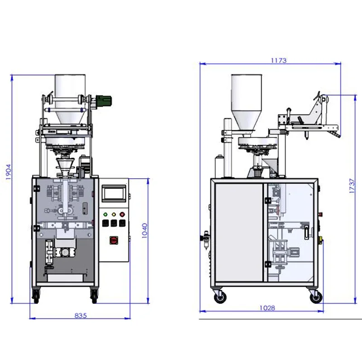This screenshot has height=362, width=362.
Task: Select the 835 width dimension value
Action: coord(80,315)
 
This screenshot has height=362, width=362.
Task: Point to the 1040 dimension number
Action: coord(144,230)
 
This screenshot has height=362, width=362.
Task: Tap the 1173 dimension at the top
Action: coord(279,60)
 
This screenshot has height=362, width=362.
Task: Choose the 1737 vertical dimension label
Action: coord(351,186)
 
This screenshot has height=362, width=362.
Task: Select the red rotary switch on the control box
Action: coord(113,240)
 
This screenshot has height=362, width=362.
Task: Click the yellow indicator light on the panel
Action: coord(114,214)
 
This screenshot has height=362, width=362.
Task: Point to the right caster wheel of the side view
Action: coord(315,296)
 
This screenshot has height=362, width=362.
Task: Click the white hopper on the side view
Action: coord(246,102)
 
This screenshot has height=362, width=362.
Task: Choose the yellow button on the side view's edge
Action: coord(322,240)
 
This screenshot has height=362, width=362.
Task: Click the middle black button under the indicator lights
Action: coord(114,223)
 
